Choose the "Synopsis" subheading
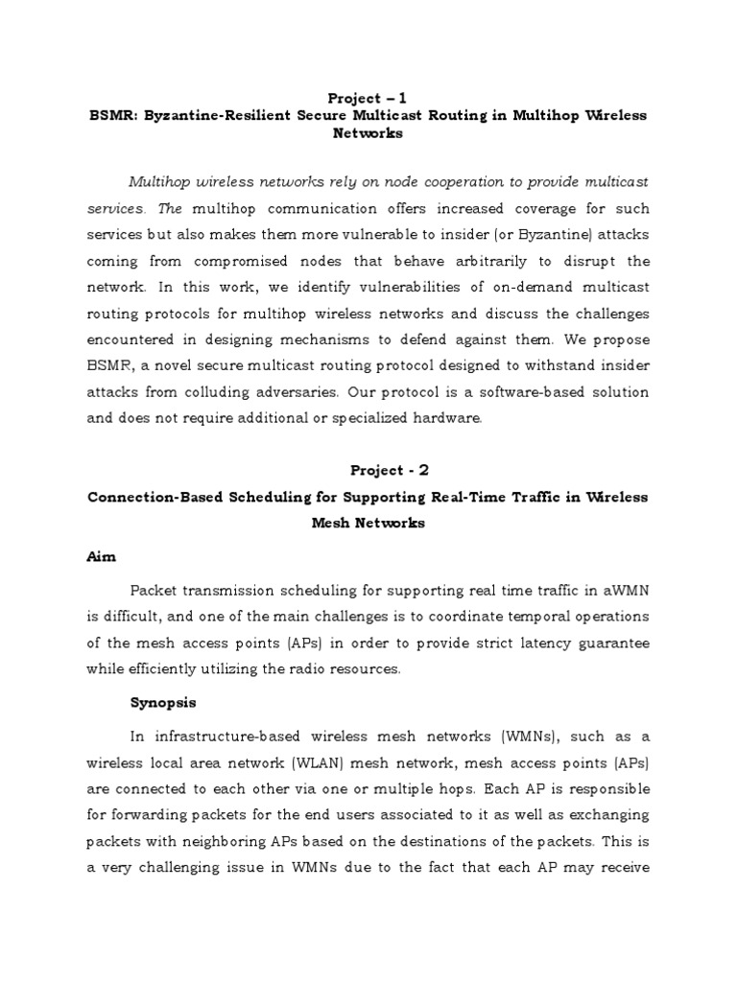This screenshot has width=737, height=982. [x=163, y=702]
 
